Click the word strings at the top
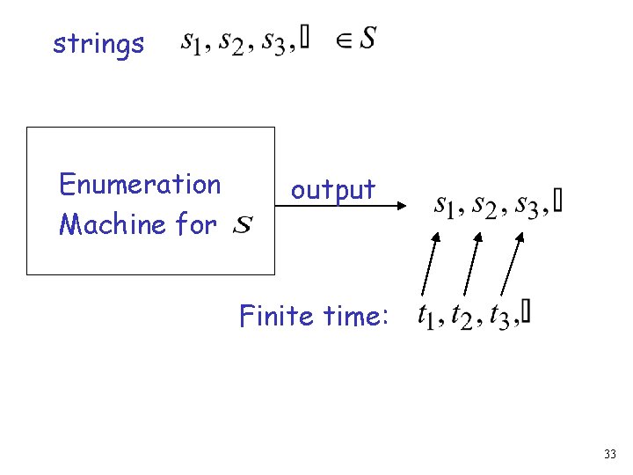(98, 44)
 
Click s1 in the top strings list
(192, 40)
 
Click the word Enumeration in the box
(140, 185)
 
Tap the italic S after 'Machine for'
(244, 227)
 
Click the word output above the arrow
(333, 189)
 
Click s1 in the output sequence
(447, 205)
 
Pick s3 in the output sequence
(527, 205)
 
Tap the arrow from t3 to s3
(511, 263)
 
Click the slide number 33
(610, 455)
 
